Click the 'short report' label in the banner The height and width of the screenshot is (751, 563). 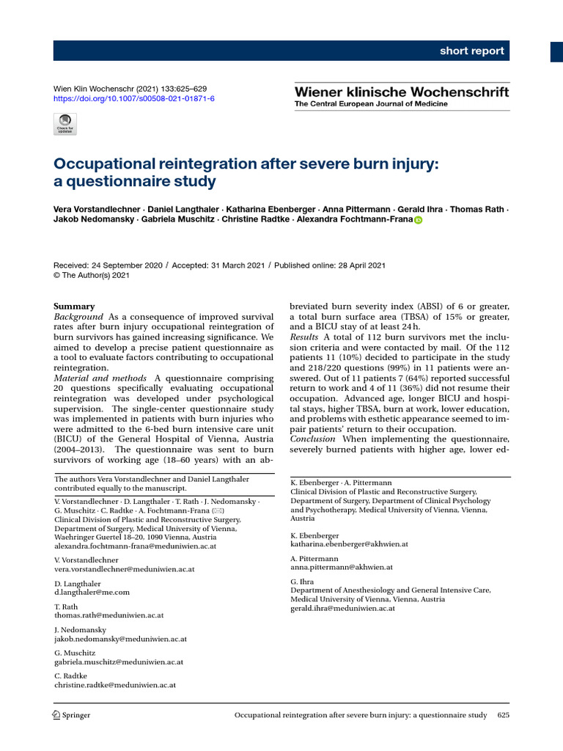point(471,51)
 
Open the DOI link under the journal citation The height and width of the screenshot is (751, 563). point(134,98)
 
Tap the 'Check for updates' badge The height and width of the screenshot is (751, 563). point(65,123)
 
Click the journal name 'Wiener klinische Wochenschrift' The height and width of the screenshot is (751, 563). point(401,92)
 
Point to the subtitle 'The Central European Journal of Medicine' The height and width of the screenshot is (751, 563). point(370,104)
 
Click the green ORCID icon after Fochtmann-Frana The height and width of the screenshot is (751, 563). point(419,220)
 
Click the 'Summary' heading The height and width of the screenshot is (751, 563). point(75,307)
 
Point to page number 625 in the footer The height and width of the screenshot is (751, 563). point(503,715)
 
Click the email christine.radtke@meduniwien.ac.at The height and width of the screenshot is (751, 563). point(115,685)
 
